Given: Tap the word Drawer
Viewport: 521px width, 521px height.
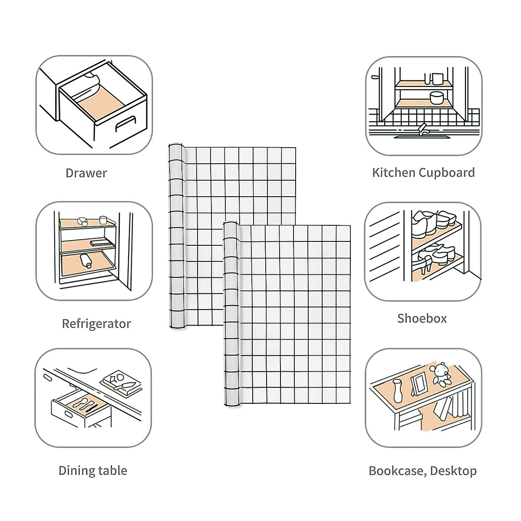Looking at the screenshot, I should pyautogui.click(x=86, y=173).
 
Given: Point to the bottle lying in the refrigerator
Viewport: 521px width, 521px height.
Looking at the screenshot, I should pyautogui.click(x=85, y=260).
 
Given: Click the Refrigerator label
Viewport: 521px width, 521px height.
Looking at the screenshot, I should pyautogui.click(x=96, y=324).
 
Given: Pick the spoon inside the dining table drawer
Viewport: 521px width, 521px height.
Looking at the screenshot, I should pyautogui.click(x=81, y=402).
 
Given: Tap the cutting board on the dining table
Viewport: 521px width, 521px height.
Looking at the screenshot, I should pyautogui.click(x=121, y=383).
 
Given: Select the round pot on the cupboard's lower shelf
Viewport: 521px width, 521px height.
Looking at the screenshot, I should pyautogui.click(x=435, y=98).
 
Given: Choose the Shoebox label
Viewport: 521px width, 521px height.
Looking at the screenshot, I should pyautogui.click(x=422, y=319).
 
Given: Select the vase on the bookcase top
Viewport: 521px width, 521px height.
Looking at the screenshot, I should pyautogui.click(x=397, y=391).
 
